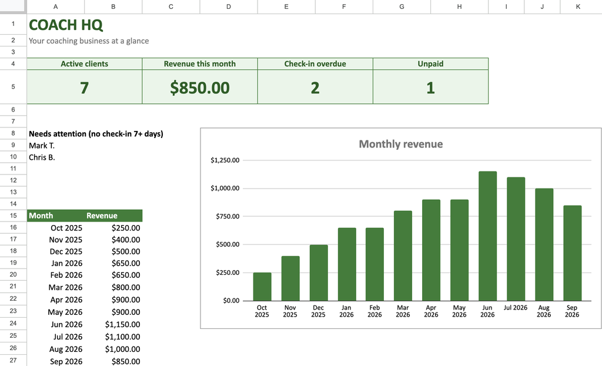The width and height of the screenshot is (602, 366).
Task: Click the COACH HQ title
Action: pyautogui.click(x=66, y=25)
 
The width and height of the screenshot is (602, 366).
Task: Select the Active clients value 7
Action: pyautogui.click(x=85, y=88)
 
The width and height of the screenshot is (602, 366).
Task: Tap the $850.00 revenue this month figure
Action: pyautogui.click(x=200, y=88)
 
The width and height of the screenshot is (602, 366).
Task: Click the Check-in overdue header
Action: pyautogui.click(x=315, y=63)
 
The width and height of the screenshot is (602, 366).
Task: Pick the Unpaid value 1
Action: pyautogui.click(x=430, y=88)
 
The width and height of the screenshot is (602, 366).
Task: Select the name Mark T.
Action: pyautogui.click(x=42, y=146)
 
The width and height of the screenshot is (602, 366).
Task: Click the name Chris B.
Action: pyautogui.click(x=42, y=157)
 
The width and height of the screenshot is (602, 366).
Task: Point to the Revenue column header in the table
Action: pyautogui.click(x=102, y=216)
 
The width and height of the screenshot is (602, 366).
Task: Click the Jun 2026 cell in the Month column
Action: pyautogui.click(x=66, y=324)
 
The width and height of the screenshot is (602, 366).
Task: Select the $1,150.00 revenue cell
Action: pyautogui.click(x=122, y=324)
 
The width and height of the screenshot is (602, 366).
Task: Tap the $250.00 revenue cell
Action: pyautogui.click(x=126, y=228)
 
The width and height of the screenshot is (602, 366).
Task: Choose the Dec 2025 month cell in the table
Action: pyautogui.click(x=66, y=251)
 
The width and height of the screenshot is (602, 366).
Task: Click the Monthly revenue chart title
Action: pyautogui.click(x=401, y=144)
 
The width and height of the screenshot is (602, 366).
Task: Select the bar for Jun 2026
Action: pyautogui.click(x=487, y=236)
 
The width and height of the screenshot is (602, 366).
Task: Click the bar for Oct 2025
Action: pyautogui.click(x=262, y=287)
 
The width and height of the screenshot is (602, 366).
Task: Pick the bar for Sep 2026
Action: pyautogui.click(x=573, y=253)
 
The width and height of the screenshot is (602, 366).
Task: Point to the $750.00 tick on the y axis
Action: pyautogui.click(x=228, y=216)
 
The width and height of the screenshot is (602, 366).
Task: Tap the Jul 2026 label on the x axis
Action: pyautogui.click(x=516, y=308)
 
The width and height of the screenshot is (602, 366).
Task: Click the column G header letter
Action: pyautogui.click(x=402, y=6)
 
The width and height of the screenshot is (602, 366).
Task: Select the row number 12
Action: pyautogui.click(x=13, y=180)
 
